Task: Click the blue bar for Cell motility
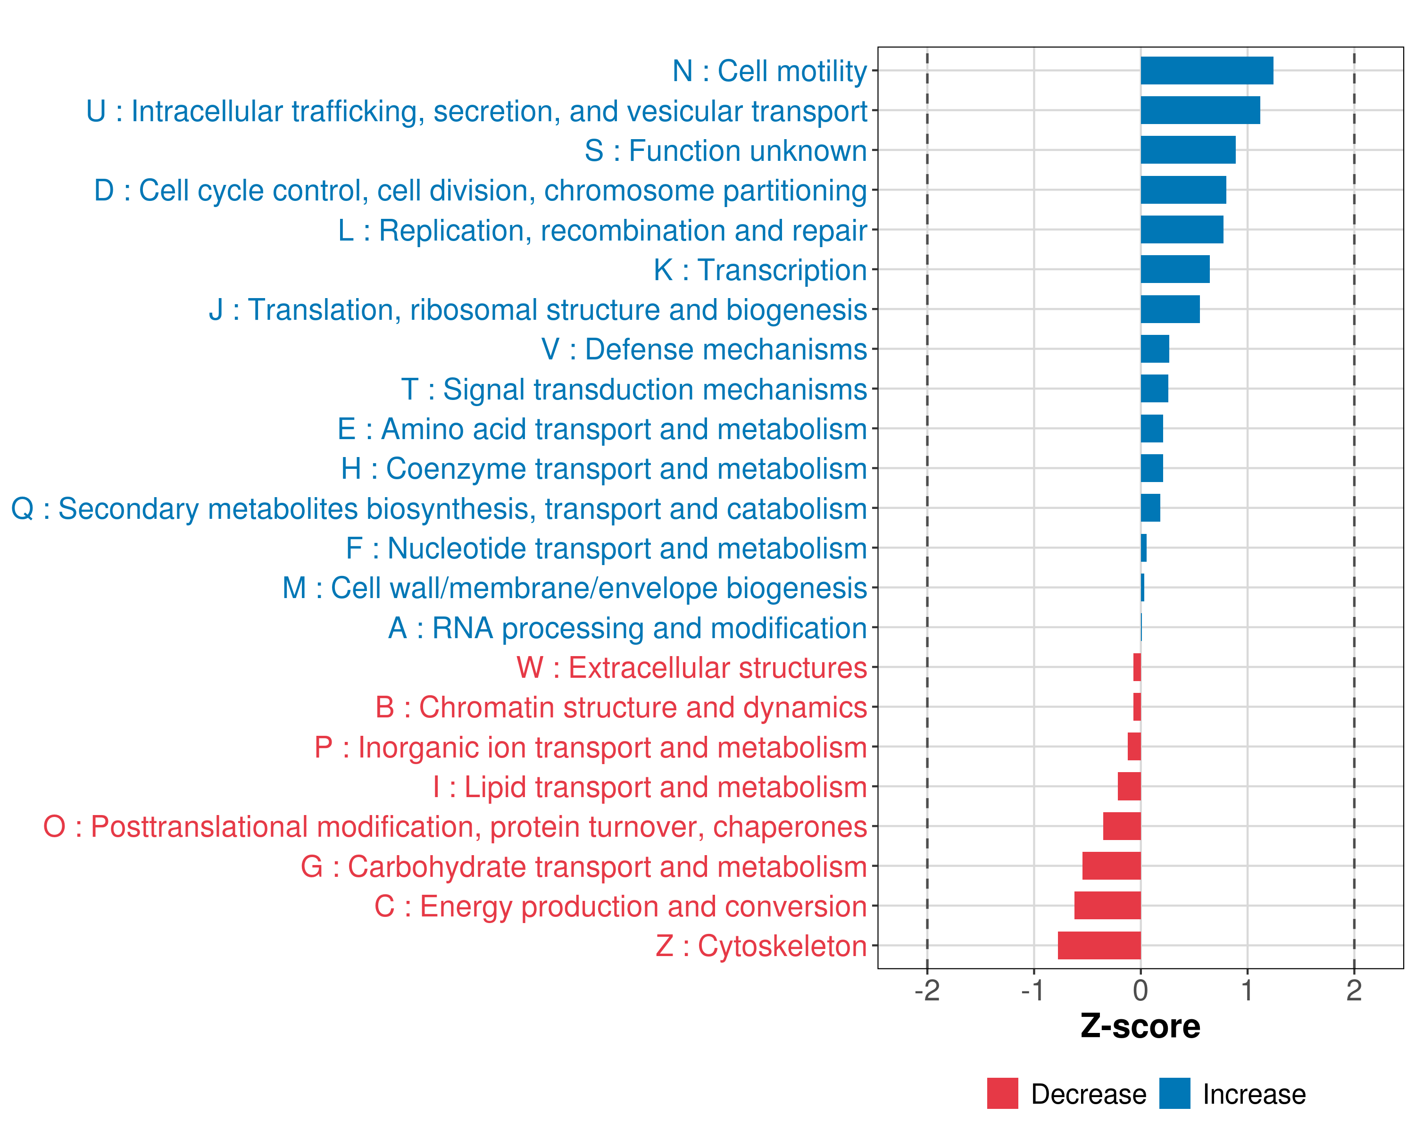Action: coord(1207,71)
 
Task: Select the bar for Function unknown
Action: coord(1188,150)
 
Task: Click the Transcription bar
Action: coord(1175,269)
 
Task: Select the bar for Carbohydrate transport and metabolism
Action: coord(1111,866)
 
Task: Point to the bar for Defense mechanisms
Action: coord(1155,349)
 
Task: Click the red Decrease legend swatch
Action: coord(1002,1093)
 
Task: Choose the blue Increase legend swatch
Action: coord(1174,1093)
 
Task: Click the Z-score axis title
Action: coord(1140,1026)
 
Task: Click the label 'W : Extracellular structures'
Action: coord(692,668)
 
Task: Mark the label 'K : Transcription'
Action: coord(760,270)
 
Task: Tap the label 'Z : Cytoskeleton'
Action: coord(761,946)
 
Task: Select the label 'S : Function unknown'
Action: coord(726,151)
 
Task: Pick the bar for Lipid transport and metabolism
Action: coord(1129,786)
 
